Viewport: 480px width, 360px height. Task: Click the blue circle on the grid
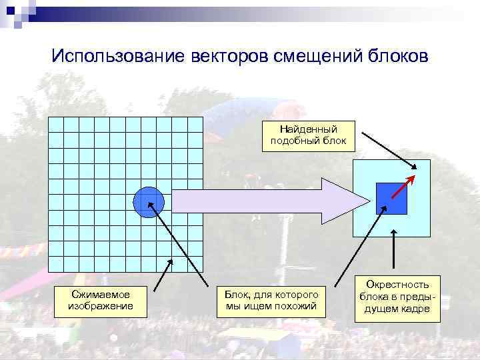(149, 202)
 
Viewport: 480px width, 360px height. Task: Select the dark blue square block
(391, 198)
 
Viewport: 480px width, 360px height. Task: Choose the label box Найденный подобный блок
(308, 135)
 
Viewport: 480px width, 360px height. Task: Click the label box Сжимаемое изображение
(101, 300)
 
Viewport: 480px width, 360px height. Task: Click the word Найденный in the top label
(308, 129)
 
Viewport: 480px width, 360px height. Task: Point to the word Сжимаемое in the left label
(101, 294)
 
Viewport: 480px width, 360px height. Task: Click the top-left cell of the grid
(57, 125)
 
